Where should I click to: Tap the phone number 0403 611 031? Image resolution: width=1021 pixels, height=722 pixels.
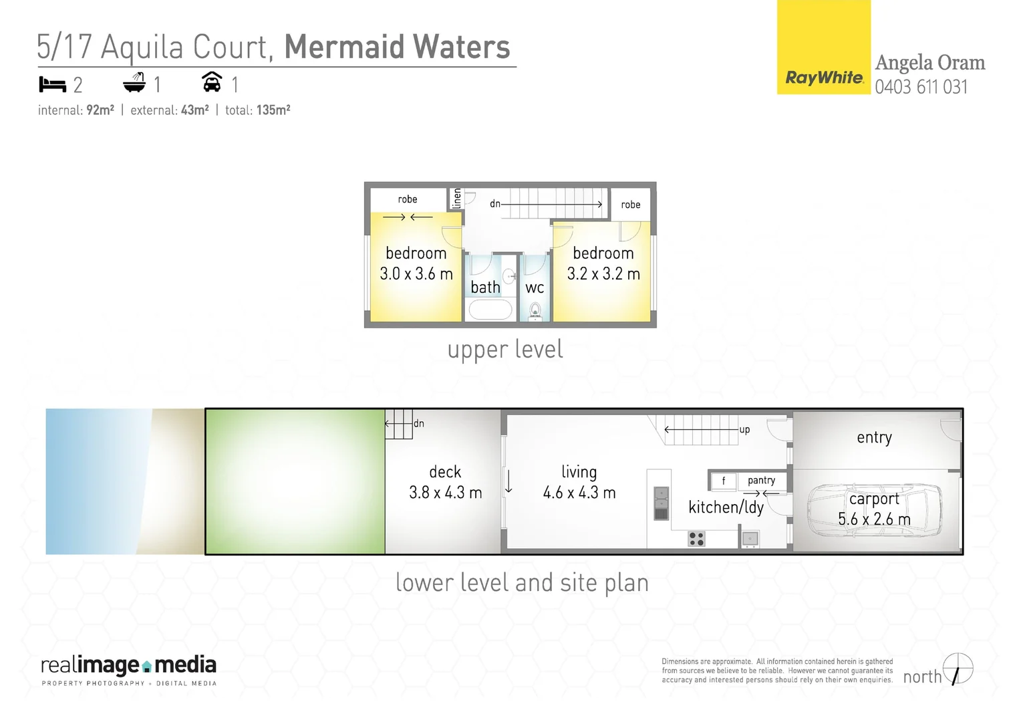921,87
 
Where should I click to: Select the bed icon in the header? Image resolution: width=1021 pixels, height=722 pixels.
52,85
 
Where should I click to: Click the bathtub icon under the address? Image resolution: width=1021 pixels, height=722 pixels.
134,83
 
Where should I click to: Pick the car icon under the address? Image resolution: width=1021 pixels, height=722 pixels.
212,82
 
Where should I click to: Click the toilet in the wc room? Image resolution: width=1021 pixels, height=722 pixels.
535,311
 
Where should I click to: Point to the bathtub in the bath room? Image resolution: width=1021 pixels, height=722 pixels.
490,310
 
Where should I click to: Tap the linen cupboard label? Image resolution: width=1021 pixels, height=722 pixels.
457,198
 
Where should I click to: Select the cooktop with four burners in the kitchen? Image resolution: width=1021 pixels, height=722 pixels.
696,538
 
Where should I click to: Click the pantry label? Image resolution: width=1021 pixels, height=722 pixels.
761,480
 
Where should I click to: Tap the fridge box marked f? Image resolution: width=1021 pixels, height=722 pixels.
723,481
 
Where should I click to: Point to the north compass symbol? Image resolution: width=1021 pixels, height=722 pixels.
958,669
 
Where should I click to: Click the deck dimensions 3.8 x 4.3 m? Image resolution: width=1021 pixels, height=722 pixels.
445,493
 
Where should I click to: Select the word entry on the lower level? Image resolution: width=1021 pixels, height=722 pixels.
874,437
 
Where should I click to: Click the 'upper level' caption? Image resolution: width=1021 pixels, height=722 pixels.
505,350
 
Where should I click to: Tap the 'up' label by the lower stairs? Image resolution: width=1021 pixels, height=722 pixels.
744,429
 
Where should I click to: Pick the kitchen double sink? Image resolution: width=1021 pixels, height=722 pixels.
661,503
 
